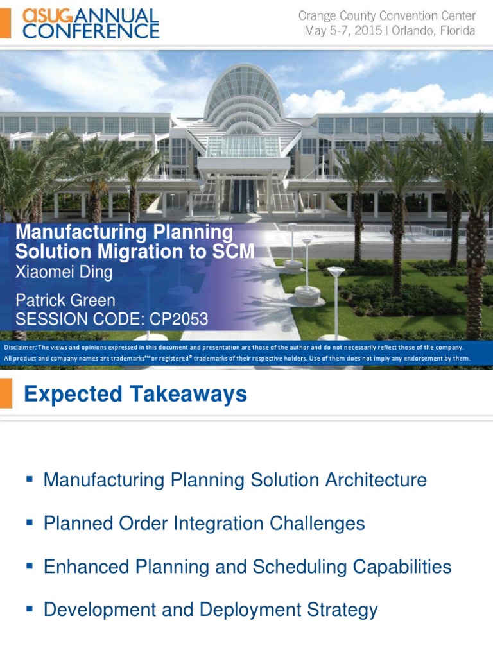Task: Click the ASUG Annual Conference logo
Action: coord(91,23)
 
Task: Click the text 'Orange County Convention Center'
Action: coord(387,15)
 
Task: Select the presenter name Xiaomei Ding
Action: coord(64,272)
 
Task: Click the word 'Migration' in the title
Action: coord(147,252)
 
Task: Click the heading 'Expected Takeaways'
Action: coord(135,394)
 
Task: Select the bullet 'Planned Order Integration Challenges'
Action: coord(204,524)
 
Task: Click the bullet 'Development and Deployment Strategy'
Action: coord(211,610)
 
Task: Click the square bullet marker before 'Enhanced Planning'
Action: coord(29,566)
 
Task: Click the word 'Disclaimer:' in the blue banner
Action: coord(21,347)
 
